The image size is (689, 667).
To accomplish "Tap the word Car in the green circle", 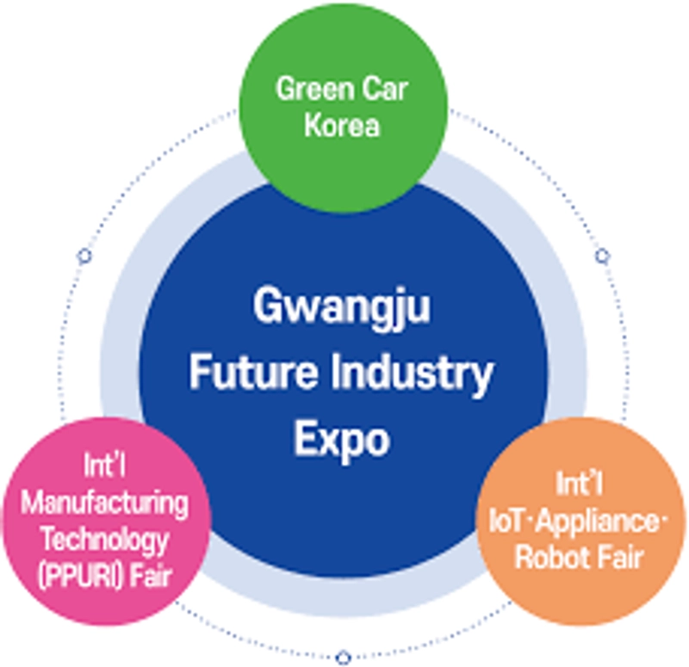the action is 385,90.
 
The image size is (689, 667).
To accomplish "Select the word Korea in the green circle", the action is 342,125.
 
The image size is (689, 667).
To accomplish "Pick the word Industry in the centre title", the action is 412,376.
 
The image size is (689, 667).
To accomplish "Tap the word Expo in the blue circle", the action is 342,441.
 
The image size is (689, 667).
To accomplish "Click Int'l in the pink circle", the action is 104,466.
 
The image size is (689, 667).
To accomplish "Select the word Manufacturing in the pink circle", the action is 104,503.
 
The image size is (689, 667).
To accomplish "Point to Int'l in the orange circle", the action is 579,483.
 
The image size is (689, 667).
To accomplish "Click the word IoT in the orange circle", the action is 506,522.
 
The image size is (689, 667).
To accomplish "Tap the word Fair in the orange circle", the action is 622,558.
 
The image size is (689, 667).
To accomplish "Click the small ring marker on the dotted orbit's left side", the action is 84,255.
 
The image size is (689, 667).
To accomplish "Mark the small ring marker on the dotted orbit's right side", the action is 603,256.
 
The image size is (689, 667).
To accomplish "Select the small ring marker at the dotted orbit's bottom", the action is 343,657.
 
